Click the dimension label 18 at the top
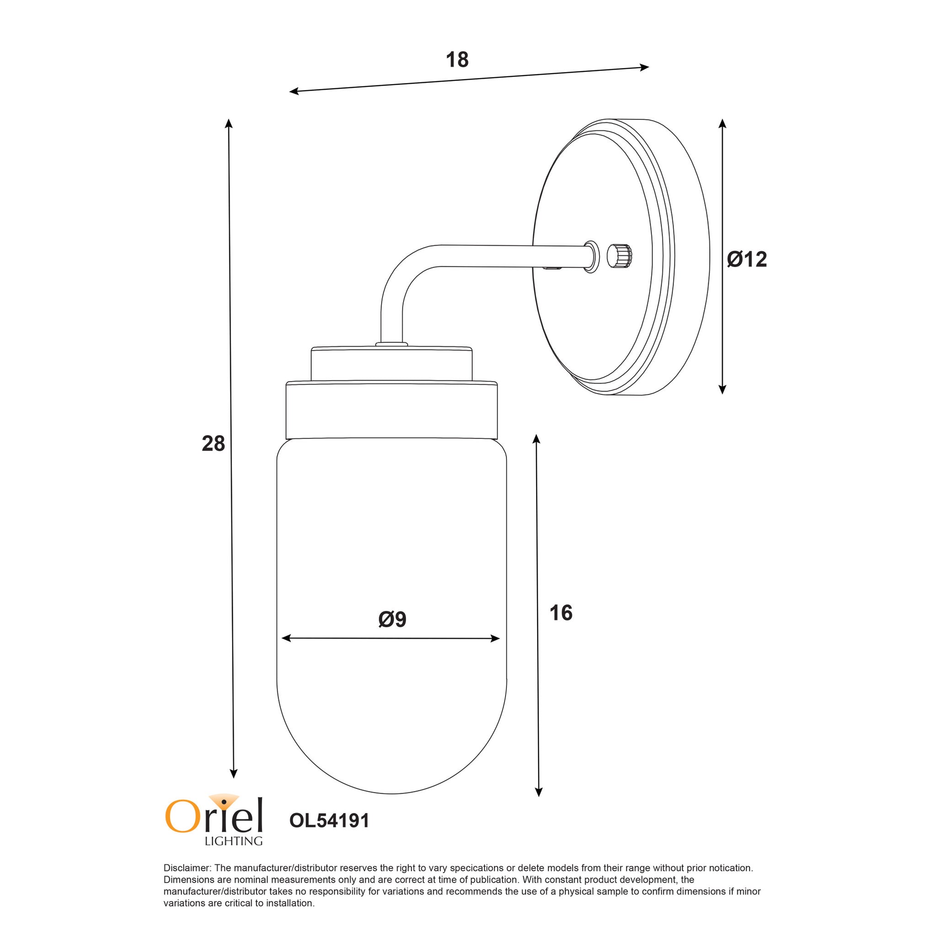457,59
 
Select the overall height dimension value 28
213,444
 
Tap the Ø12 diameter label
747,259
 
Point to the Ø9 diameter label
392,619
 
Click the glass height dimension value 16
561,613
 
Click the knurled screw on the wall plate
621,255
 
